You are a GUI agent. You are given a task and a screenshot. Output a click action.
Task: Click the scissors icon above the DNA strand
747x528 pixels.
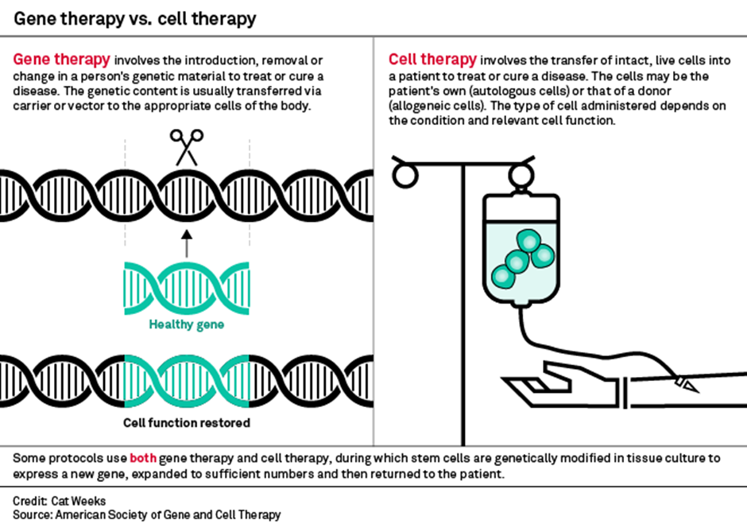(x=187, y=149)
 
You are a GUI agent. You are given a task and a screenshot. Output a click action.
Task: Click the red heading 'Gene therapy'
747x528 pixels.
(x=62, y=60)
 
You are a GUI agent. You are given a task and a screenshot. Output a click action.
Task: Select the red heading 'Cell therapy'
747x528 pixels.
(x=432, y=60)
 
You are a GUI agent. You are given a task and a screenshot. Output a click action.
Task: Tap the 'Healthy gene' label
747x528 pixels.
(x=187, y=324)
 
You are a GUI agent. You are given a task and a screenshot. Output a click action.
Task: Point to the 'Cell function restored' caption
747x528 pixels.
(x=187, y=422)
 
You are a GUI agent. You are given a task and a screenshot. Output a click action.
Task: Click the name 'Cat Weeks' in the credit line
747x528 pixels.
(x=77, y=500)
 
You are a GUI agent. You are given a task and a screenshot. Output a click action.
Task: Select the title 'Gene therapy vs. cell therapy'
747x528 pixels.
(x=135, y=17)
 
